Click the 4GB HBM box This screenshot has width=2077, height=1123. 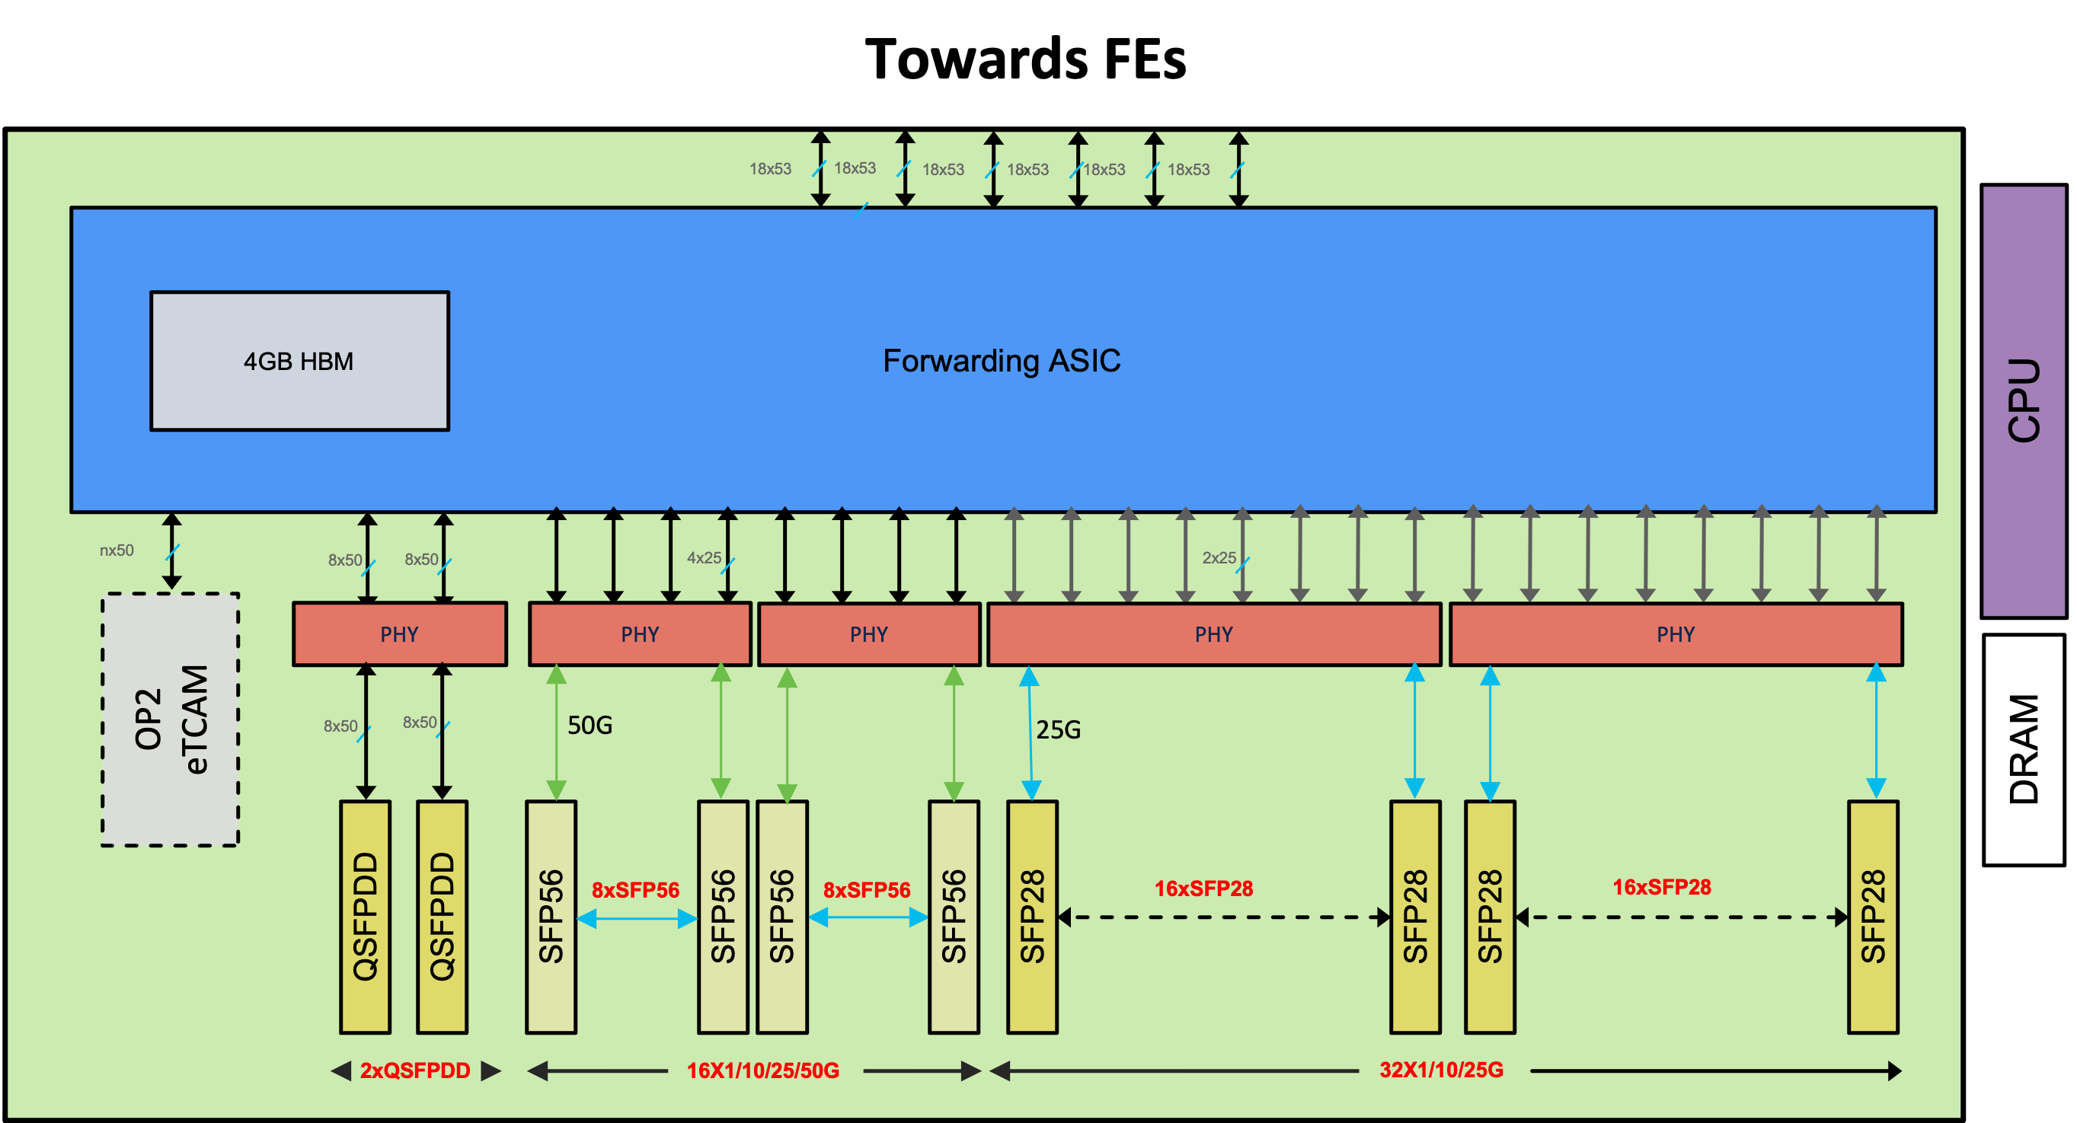299,360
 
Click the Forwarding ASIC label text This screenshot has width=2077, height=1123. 1001,360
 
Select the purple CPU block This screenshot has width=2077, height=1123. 2022,400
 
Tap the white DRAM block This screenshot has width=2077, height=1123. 2022,749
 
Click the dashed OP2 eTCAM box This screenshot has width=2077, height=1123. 170,719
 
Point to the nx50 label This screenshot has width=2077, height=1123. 116,550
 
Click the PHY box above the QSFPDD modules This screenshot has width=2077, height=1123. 399,633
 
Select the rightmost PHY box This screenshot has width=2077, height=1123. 1676,633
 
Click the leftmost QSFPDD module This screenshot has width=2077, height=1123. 366,917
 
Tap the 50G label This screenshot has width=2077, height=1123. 590,726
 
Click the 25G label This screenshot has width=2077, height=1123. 1058,729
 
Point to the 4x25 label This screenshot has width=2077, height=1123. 704,558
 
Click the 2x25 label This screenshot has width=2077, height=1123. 1219,558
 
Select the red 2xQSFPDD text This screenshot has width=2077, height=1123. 414,1070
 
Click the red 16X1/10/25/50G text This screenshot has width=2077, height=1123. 762,1070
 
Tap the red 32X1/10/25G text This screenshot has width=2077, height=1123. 1441,1070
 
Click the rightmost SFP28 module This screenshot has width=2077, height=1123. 1872,917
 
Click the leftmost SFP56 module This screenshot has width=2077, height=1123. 551,917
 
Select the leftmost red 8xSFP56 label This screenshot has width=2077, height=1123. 635,890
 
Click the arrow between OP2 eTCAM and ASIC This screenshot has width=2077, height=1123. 171,550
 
